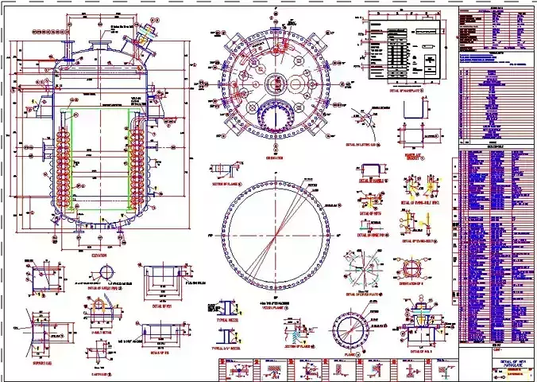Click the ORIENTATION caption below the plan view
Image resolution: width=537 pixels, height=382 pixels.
click(x=275, y=158)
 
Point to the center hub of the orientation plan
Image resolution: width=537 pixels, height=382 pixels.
click(x=275, y=84)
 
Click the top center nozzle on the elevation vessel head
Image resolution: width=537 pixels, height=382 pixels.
click(x=99, y=47)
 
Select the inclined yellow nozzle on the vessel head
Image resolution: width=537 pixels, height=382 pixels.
click(x=143, y=36)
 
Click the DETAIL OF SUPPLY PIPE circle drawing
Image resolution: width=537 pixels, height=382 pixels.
click(x=107, y=272)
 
